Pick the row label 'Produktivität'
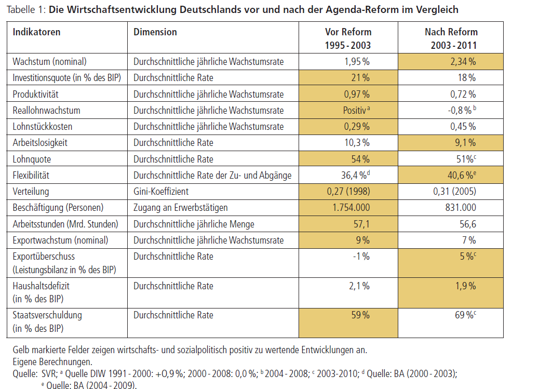click(35, 94)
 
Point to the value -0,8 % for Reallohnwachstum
click(462, 111)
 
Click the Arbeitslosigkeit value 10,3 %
click(357, 143)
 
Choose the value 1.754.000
click(351, 208)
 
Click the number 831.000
click(461, 208)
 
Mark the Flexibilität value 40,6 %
click(462, 176)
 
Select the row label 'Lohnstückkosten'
click(42, 127)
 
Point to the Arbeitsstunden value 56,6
click(468, 224)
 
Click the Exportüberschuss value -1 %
click(361, 257)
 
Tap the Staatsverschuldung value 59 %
click(360, 315)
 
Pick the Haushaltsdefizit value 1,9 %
click(466, 286)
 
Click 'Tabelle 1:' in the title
click(26, 10)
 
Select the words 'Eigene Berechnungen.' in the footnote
click(52, 362)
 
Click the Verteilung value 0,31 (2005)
click(454, 192)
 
